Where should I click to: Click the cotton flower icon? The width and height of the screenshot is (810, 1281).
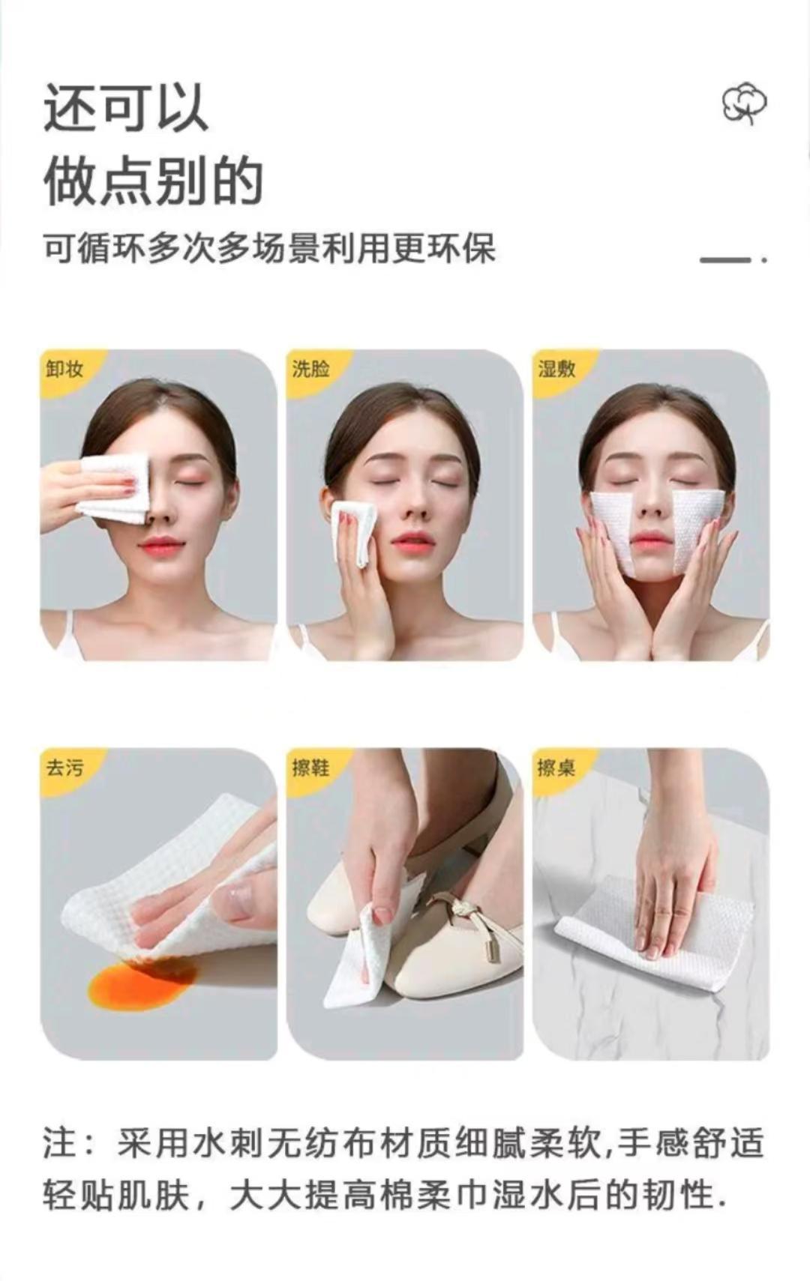pos(744,105)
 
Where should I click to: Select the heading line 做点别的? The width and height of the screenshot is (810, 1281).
pos(153,181)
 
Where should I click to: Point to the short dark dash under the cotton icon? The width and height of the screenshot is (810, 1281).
pos(725,259)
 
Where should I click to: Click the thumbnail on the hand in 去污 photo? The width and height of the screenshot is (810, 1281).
pos(237,893)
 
